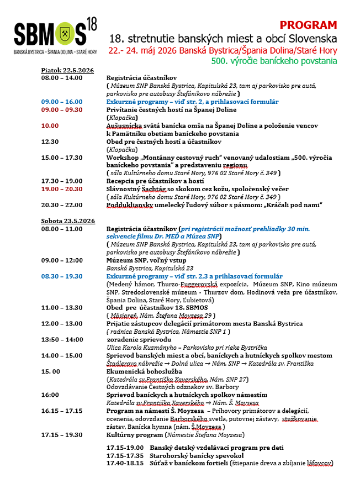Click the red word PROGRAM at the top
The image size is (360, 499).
pos(308,25)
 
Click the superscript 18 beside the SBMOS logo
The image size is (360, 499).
pos(91,23)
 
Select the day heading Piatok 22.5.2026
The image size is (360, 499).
pos(67,71)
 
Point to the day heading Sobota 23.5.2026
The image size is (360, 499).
pos(68,220)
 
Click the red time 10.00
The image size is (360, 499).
pos(50,125)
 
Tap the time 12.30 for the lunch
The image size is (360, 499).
pos(50,141)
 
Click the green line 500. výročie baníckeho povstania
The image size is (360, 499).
pos(274,61)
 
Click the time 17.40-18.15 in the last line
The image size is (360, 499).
pos(125,463)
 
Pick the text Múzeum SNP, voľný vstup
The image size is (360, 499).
pos(146,260)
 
